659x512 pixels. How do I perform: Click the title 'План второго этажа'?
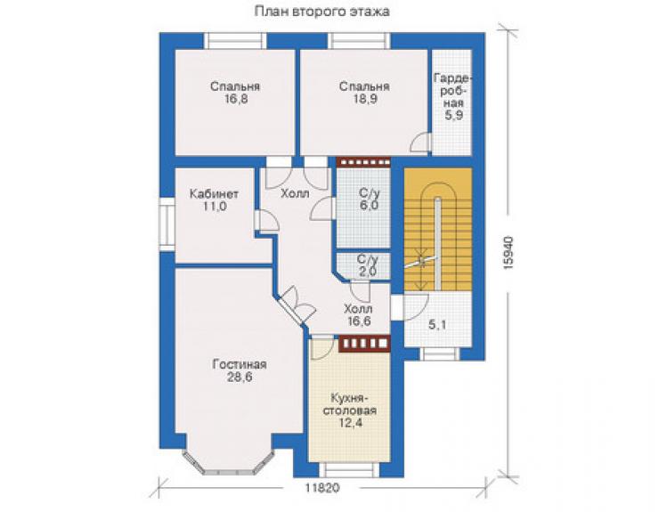point(322,12)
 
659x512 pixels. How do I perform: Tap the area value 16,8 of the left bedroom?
point(235,99)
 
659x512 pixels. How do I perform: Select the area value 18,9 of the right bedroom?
point(364,99)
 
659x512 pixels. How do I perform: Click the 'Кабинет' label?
point(214,194)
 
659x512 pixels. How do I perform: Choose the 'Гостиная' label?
point(240,364)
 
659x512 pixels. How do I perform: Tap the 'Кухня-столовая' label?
point(349,403)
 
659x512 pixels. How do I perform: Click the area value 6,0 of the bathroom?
point(369,206)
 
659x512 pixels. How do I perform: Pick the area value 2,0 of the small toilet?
point(368,272)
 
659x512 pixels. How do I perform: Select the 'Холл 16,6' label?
point(358,315)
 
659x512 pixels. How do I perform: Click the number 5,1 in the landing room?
point(437,324)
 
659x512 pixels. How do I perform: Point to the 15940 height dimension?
point(508,252)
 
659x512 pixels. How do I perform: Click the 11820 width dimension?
point(322,488)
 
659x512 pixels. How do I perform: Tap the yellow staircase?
point(438,229)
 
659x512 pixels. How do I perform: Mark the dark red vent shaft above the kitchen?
point(364,343)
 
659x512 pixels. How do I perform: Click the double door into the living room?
point(296,305)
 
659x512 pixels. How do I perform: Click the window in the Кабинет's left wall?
point(167,224)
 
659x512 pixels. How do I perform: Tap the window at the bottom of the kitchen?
point(349,469)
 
